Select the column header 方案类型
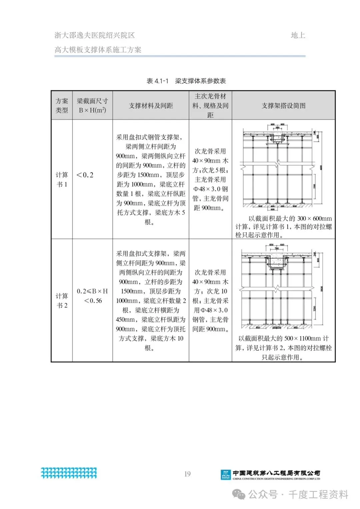pos(62,105)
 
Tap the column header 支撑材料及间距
pos(151,106)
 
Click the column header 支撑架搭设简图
pos(283,106)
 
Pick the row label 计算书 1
pos(62,179)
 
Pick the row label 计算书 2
pos(62,300)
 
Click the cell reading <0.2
pos(85,175)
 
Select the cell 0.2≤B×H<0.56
pos(92,296)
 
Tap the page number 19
pos(187,474)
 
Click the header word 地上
pos(298,35)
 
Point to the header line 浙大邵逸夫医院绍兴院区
pos(95,35)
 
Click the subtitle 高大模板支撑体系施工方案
pos(98,50)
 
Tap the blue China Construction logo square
pos(226,475)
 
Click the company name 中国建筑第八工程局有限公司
pos(276,473)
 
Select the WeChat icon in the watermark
pos(239,494)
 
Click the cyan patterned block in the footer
pos(69,473)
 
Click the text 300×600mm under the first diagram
pos(314,219)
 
